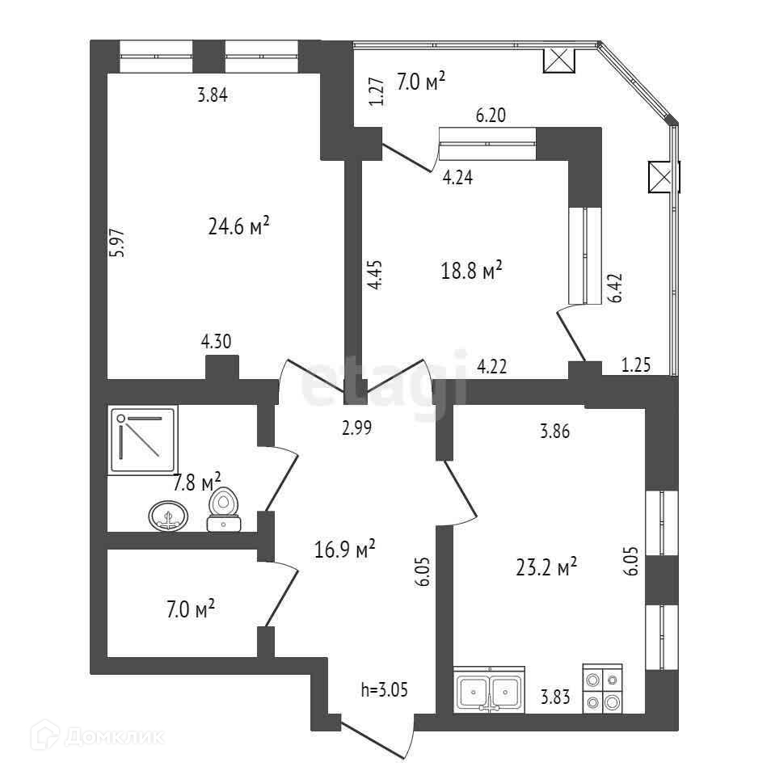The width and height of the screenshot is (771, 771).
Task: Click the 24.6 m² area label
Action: [x=238, y=227]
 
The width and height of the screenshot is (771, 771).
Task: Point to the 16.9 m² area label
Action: [x=344, y=550]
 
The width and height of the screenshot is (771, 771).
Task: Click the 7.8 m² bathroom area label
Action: [x=197, y=483]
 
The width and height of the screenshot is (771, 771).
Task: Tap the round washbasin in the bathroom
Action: [x=169, y=515]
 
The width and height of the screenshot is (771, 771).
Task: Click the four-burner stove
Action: [x=604, y=689]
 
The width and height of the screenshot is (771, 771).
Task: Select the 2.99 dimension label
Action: [x=356, y=429]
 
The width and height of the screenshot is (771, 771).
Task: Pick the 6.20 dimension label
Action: [x=491, y=116]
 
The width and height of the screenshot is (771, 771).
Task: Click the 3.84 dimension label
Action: [x=213, y=95]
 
